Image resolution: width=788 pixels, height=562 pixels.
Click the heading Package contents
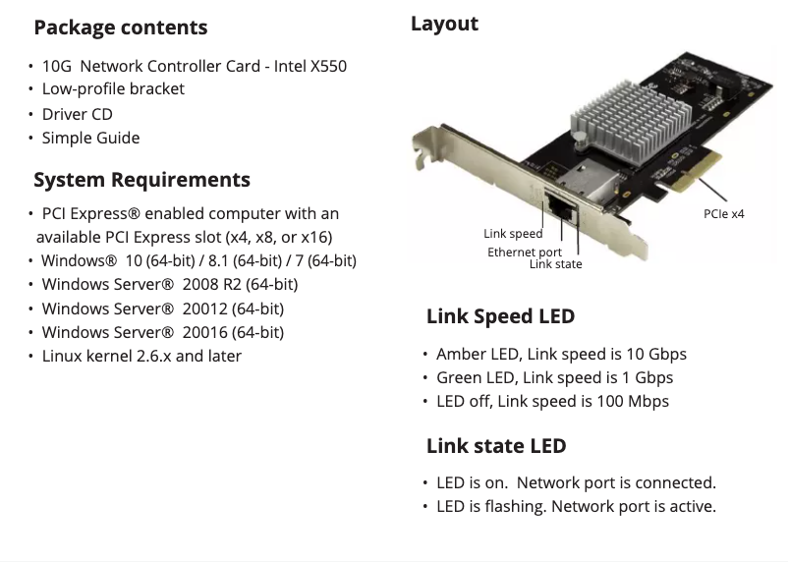(x=121, y=28)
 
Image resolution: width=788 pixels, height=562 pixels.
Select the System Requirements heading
(x=141, y=180)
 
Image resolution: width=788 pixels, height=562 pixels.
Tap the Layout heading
(x=444, y=24)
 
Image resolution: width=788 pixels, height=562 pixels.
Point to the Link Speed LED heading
(x=500, y=316)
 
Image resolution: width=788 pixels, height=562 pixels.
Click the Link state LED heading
(x=496, y=446)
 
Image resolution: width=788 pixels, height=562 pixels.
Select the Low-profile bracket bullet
(x=113, y=88)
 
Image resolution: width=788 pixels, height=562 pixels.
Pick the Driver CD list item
(x=77, y=114)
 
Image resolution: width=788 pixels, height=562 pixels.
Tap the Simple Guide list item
(x=90, y=138)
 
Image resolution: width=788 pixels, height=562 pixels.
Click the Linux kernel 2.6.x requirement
(x=141, y=356)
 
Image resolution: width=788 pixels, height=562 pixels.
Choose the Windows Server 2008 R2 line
(x=169, y=284)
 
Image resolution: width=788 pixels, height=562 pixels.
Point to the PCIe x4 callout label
(x=724, y=213)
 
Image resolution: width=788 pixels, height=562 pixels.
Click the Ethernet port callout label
(x=525, y=253)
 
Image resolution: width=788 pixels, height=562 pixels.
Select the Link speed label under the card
(x=513, y=234)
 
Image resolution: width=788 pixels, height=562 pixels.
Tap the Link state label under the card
(x=555, y=264)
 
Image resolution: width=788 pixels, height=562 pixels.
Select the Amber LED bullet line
(x=561, y=354)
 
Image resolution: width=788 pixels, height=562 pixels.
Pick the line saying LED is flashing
(x=576, y=507)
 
